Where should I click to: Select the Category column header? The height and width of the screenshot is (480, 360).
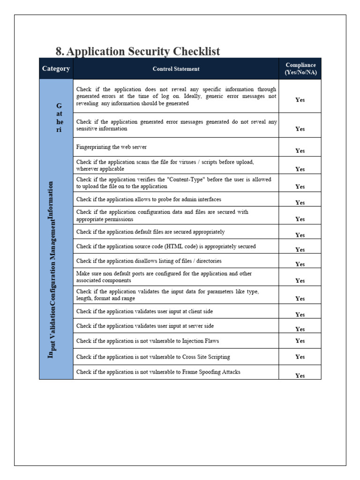(56, 69)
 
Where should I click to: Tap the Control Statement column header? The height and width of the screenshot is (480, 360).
(176, 69)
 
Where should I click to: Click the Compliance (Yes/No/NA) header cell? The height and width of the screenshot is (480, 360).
(300, 69)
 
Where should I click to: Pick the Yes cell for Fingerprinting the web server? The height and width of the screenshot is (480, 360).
(300, 151)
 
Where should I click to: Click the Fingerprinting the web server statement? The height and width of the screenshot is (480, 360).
(112, 147)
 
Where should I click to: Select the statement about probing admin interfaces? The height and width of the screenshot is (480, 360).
(149, 199)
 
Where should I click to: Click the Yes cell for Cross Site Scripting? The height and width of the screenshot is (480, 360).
(300, 357)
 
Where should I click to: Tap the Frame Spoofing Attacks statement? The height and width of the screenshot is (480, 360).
(158, 372)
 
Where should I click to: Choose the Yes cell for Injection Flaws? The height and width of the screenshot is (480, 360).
(300, 341)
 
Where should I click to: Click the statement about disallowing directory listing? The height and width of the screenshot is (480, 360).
(149, 261)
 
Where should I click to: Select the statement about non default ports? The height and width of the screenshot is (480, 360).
(167, 277)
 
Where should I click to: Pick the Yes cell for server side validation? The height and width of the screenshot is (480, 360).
(300, 329)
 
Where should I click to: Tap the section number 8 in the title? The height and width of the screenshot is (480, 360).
(60, 52)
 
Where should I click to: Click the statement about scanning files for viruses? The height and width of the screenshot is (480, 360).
(165, 165)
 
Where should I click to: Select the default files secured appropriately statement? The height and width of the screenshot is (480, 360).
(150, 232)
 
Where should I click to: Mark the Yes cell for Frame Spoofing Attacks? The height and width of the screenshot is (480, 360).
(300, 375)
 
